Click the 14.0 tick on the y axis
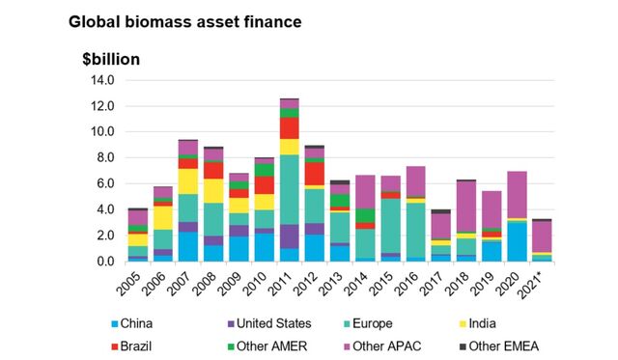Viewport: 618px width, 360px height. click(x=100, y=80)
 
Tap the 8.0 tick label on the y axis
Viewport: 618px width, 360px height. click(x=103, y=157)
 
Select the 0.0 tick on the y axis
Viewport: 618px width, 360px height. click(x=103, y=261)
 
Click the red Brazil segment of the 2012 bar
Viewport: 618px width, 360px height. click(x=315, y=174)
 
